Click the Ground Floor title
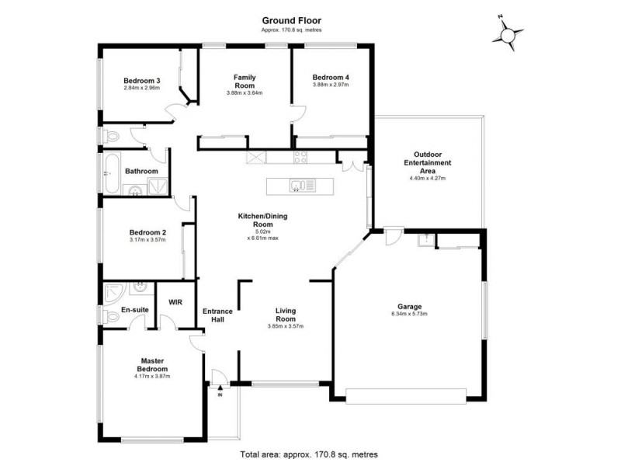pos(291,21)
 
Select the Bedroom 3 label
pos(142,80)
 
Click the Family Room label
pos(245,82)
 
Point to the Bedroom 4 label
pos(331,78)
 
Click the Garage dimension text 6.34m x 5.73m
pos(408,314)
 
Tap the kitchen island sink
pos(300,186)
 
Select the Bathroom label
pos(142,172)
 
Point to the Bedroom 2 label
pos(147,232)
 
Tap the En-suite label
pos(134,310)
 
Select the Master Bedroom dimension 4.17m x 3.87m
pos(152,376)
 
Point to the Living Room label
pos(286,315)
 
